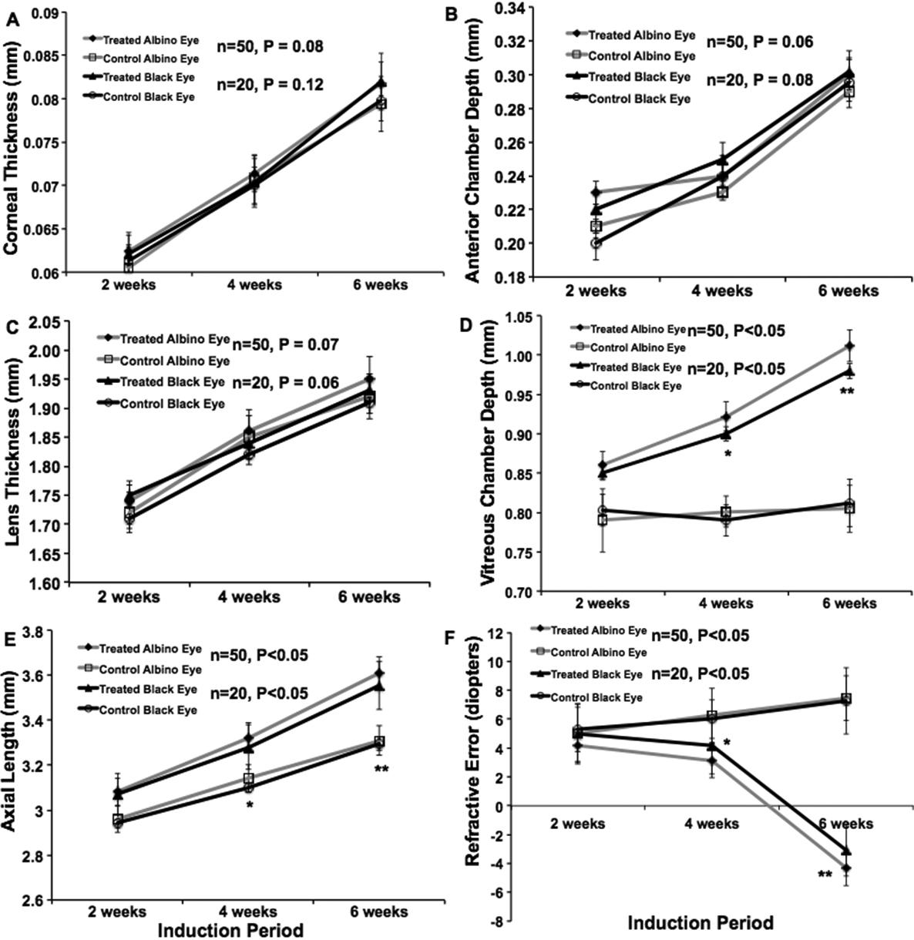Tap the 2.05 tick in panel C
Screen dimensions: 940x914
pos(43,321)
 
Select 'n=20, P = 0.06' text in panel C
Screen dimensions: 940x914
pos(285,382)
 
